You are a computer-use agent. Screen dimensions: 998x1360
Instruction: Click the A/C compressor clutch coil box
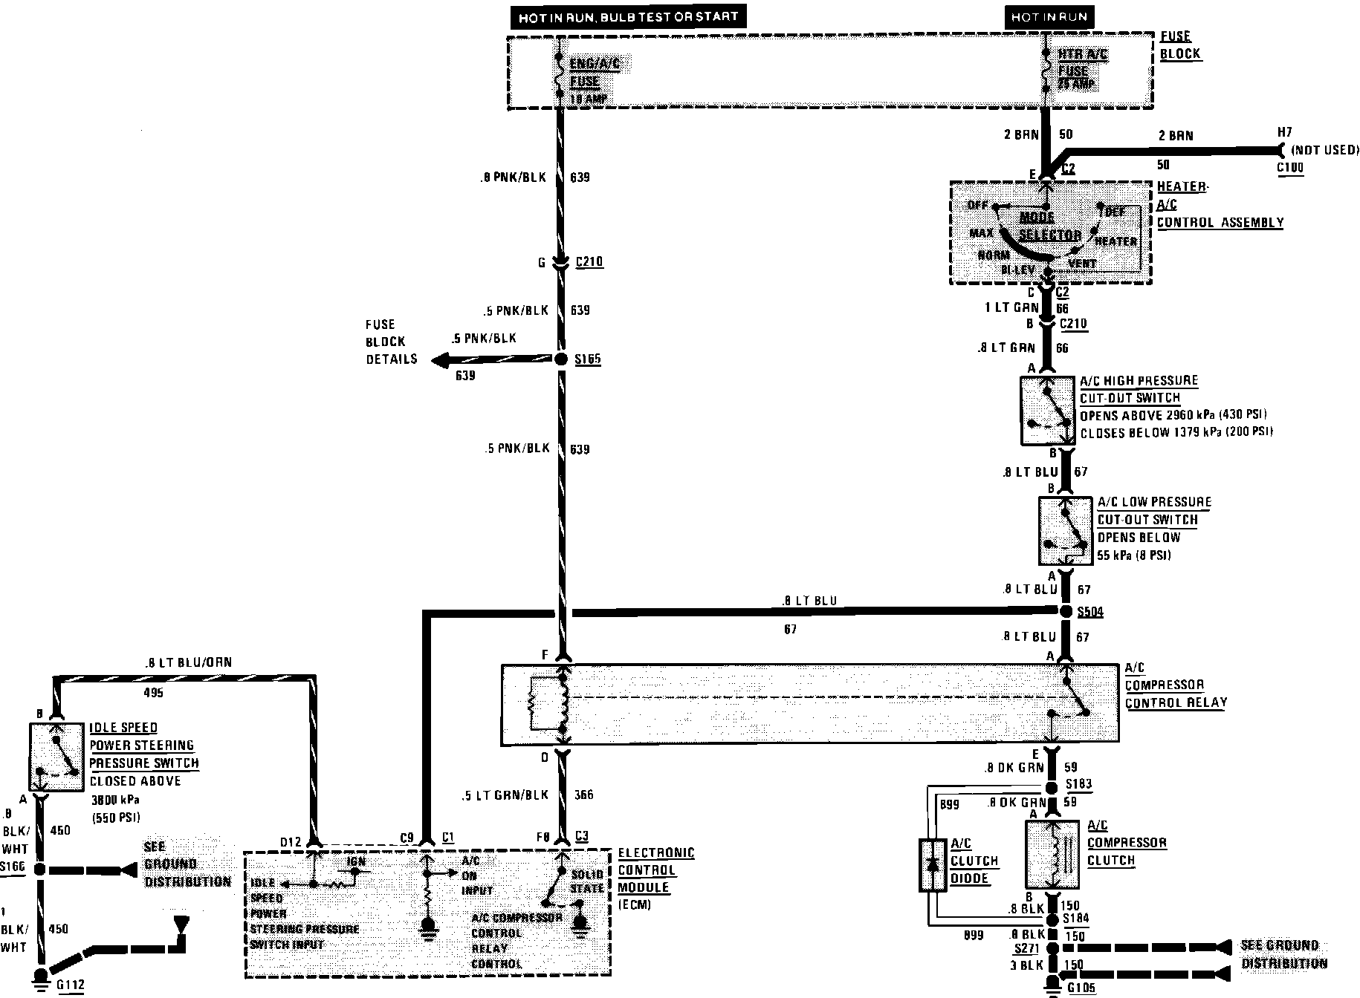(1052, 855)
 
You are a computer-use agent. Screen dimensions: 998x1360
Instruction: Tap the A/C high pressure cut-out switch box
(1048, 411)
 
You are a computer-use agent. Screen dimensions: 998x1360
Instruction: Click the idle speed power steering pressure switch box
(56, 756)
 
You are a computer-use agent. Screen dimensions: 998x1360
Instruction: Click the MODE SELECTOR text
(1049, 226)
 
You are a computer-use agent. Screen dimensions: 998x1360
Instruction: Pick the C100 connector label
(1290, 168)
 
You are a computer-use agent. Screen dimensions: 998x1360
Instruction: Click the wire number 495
(152, 693)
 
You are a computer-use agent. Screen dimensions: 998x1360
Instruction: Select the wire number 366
(583, 795)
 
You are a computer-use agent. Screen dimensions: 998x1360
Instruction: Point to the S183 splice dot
(1052, 787)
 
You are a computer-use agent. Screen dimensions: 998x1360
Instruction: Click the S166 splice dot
(41, 869)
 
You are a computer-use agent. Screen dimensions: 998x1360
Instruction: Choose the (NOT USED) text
(1326, 150)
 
